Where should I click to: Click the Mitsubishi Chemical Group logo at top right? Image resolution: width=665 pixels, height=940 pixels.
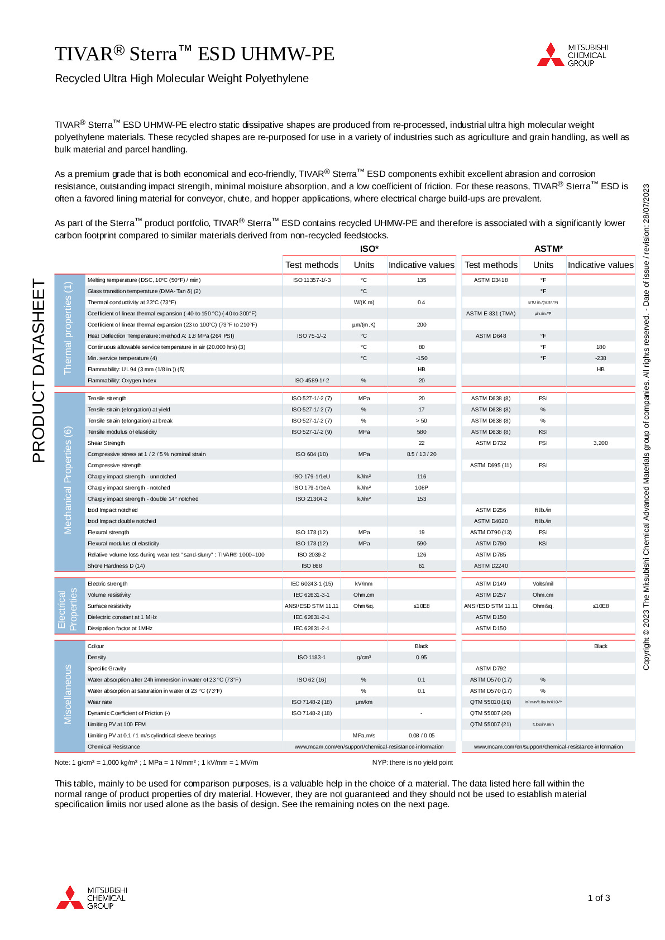point(572,55)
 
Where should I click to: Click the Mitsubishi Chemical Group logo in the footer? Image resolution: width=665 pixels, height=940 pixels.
point(92,898)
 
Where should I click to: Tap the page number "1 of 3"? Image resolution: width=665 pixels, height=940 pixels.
point(599,898)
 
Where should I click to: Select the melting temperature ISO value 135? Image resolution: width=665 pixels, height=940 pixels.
point(421,280)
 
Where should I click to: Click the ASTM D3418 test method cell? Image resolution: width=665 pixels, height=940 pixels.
point(491,280)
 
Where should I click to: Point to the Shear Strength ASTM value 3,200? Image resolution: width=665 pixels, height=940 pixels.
point(600,443)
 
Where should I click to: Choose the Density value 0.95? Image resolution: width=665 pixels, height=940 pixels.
point(421,658)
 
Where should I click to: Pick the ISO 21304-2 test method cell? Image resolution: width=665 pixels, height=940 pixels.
point(312,499)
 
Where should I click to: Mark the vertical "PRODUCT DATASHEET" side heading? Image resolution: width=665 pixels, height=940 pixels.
point(39,371)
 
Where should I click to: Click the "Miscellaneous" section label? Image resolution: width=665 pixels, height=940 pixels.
point(68,694)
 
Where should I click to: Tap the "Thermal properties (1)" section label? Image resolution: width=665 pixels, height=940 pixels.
point(68,328)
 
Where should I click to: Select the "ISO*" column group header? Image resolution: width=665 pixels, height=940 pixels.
point(369,249)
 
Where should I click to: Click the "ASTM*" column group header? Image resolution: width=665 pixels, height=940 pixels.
point(548,249)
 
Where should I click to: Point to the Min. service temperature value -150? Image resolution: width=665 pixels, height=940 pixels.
point(421,358)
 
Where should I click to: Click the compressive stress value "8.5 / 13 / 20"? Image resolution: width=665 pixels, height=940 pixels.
point(422,454)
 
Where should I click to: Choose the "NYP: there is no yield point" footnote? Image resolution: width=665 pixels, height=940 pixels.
point(413,762)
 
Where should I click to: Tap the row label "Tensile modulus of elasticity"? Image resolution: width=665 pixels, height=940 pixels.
point(122,432)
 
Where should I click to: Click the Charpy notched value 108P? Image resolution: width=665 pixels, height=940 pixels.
point(421,488)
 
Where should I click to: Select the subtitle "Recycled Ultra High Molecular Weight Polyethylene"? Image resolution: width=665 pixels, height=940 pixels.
point(181,79)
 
